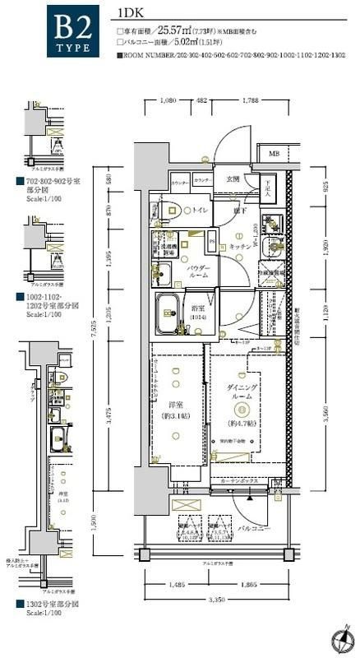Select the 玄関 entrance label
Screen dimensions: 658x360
(x=233, y=178)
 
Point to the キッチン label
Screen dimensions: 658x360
(x=239, y=245)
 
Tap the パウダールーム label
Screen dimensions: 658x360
(x=198, y=272)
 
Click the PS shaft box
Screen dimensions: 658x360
(x=212, y=242)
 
